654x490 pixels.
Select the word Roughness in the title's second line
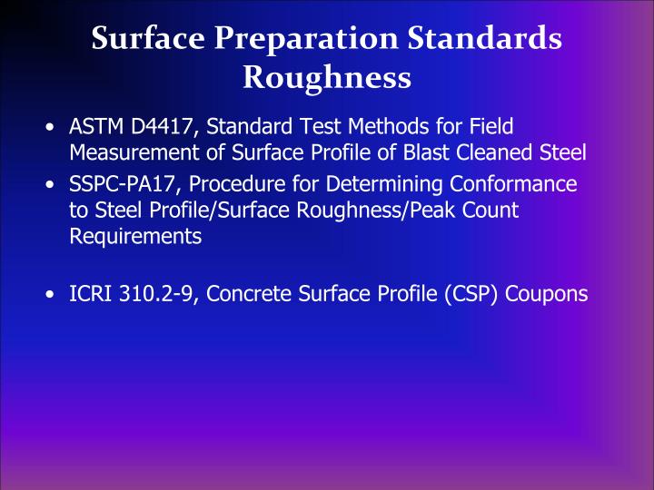point(327,78)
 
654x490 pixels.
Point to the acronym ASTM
point(94,128)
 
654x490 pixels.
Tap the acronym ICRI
point(89,294)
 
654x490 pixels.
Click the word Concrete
point(243,294)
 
